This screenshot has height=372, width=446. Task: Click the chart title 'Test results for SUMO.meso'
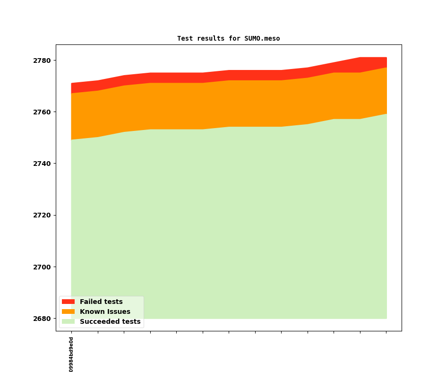click(x=228, y=38)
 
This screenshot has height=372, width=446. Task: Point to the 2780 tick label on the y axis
click(x=42, y=61)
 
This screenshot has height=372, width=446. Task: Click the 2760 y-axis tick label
click(x=42, y=112)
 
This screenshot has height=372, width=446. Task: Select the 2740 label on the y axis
click(x=42, y=164)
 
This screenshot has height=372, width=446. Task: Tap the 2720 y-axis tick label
click(x=42, y=215)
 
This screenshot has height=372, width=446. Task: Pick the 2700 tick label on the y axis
click(x=42, y=267)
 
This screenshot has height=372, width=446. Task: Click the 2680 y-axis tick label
click(x=42, y=319)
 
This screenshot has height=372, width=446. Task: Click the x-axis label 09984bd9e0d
click(x=71, y=354)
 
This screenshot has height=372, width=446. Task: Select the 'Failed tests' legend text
click(x=101, y=302)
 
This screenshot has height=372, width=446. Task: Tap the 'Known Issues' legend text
click(x=105, y=311)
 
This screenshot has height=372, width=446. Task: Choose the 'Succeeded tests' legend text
click(x=110, y=321)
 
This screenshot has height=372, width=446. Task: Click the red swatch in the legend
click(x=68, y=302)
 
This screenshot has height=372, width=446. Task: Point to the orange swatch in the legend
click(x=68, y=311)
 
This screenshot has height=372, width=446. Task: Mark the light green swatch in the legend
click(x=68, y=321)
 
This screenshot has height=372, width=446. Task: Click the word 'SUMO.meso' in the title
click(x=262, y=38)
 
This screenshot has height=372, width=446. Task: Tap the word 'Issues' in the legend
click(x=118, y=311)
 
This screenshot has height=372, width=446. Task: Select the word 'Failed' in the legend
click(x=90, y=302)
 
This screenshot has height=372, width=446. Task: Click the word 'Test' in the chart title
click(x=185, y=38)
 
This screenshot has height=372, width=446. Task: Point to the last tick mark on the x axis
click(x=386, y=332)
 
